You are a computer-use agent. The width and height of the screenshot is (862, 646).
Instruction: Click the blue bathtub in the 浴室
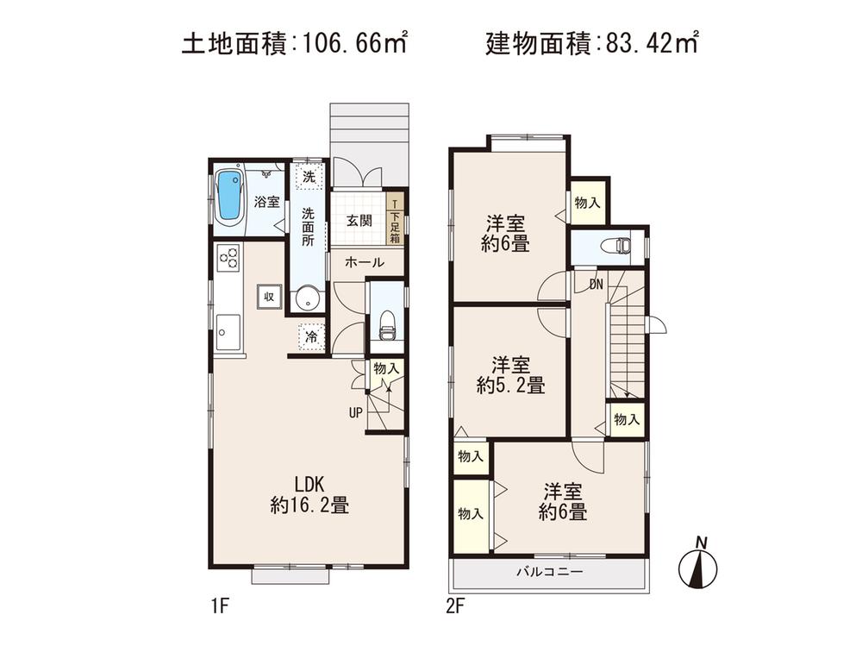pyautogui.click(x=229, y=196)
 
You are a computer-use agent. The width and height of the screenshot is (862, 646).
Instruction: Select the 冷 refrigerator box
pyautogui.click(x=310, y=337)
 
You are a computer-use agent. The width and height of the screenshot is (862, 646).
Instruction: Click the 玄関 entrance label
pyautogui.click(x=359, y=220)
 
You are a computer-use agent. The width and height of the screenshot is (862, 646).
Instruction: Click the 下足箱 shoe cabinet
pyautogui.click(x=395, y=222)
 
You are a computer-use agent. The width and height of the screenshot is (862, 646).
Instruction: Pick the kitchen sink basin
pyautogui.click(x=228, y=329)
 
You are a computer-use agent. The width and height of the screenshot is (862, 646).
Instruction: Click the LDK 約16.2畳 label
pyautogui.click(x=309, y=494)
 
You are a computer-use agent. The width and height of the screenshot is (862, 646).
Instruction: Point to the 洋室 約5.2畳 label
pyautogui.click(x=510, y=374)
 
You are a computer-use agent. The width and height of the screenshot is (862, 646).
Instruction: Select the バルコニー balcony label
pyautogui.click(x=550, y=572)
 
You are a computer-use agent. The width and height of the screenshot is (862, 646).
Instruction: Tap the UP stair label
pyautogui.click(x=355, y=412)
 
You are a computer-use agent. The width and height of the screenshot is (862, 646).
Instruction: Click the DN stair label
pyautogui.click(x=596, y=284)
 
